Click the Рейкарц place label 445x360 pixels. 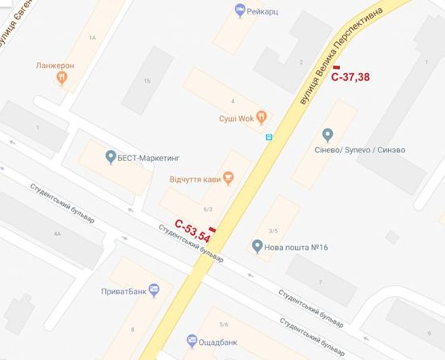pyautogui.click(x=265, y=10)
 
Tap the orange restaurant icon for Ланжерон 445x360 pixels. pyautogui.click(x=62, y=79)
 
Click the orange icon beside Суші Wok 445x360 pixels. pyautogui.click(x=261, y=115)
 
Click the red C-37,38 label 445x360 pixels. pyautogui.click(x=350, y=78)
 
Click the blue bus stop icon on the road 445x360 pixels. pyautogui.click(x=269, y=136)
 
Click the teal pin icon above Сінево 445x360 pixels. pyautogui.click(x=327, y=134)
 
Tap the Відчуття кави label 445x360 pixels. pyautogui.click(x=195, y=178)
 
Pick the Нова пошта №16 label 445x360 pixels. pyautogui.click(x=296, y=245)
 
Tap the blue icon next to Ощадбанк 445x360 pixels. pyautogui.click(x=192, y=340)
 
